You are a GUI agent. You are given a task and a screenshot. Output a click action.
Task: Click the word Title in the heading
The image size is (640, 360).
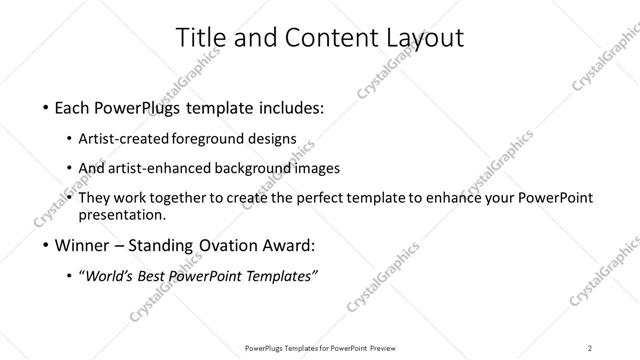200,38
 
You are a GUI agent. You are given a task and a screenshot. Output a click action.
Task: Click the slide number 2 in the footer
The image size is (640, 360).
590,347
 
